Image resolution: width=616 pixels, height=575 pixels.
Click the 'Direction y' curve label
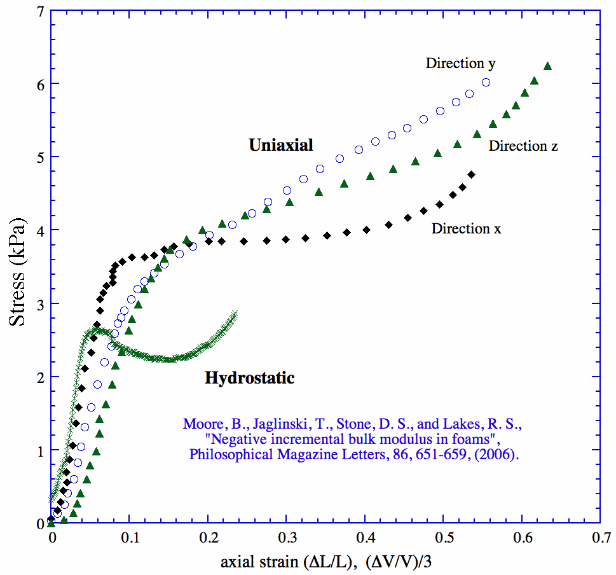click(x=460, y=63)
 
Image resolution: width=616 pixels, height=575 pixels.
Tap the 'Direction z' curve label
click(x=523, y=146)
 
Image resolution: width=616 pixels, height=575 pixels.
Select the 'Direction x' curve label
click(x=466, y=228)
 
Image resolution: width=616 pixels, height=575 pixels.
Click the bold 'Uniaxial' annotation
click(x=281, y=145)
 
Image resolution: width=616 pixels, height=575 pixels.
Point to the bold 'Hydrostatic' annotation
click(x=250, y=378)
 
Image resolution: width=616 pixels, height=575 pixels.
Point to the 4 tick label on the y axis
click(x=40, y=230)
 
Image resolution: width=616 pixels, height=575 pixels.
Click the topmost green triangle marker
click(x=548, y=66)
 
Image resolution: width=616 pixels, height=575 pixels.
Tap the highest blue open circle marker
click(x=486, y=83)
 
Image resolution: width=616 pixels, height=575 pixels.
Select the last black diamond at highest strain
click(x=472, y=174)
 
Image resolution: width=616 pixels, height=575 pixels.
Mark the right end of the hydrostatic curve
click(x=235, y=314)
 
